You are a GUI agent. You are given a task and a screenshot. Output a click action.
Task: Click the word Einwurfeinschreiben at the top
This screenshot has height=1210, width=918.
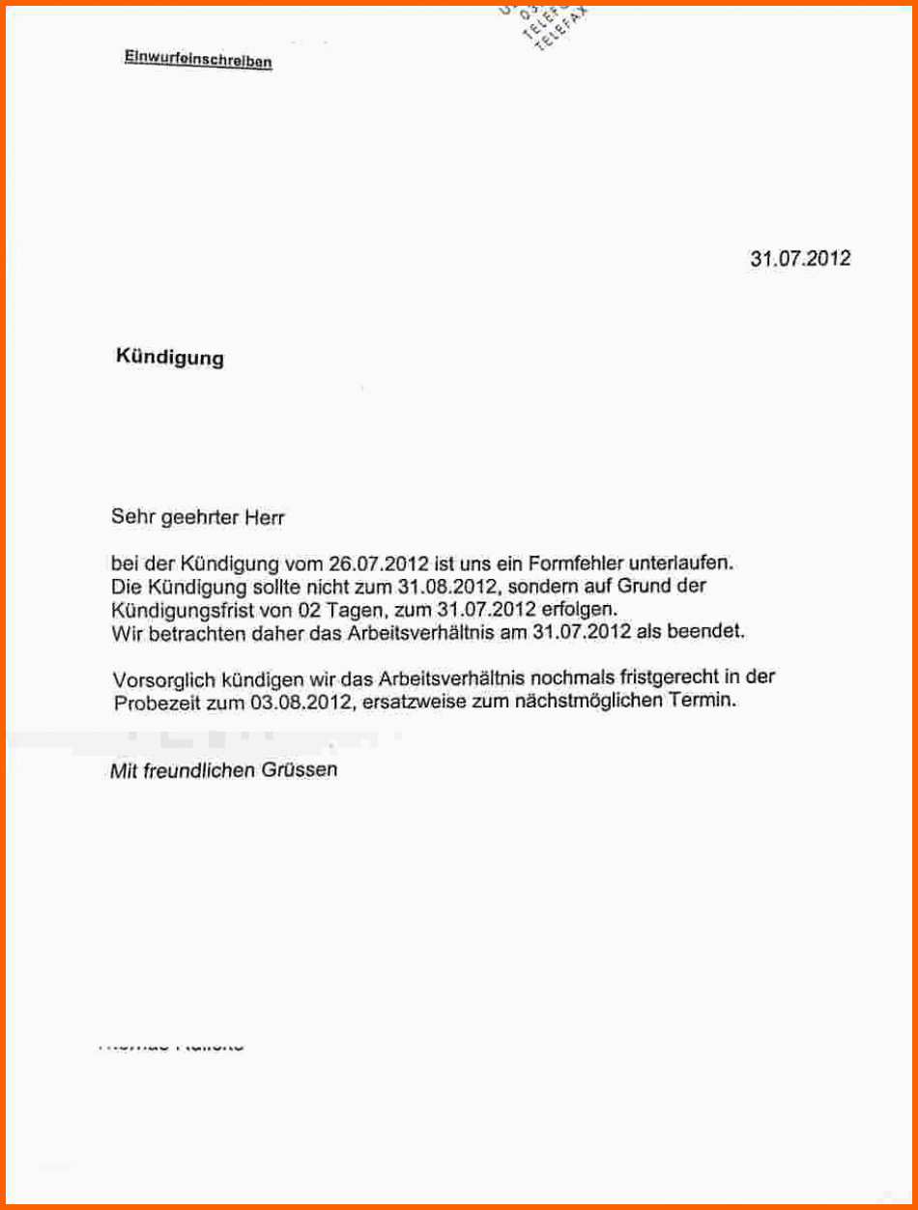(198, 59)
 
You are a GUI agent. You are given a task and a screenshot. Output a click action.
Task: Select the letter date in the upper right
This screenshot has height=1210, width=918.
(800, 259)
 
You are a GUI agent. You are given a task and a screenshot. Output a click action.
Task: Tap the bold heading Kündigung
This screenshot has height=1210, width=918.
(170, 358)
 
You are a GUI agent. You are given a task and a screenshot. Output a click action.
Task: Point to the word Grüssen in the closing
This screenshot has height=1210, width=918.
(299, 770)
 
